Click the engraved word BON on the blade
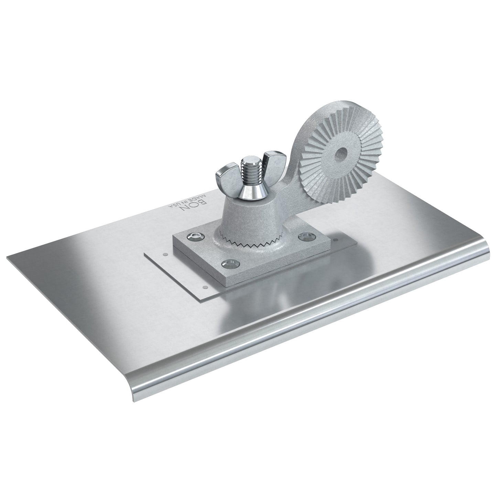(198, 202)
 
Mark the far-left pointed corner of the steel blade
(8, 256)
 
